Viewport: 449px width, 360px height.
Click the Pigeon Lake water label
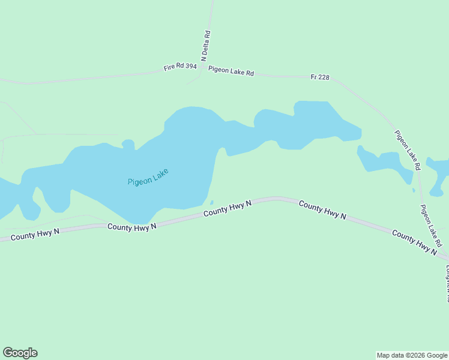[x=148, y=177]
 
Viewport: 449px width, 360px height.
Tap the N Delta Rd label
[x=206, y=46]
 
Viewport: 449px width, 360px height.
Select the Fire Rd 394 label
[x=180, y=67]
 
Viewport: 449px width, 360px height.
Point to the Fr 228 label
[x=320, y=77]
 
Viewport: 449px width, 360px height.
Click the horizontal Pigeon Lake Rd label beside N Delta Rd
[x=231, y=71]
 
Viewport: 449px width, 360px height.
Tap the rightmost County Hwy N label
[x=414, y=242]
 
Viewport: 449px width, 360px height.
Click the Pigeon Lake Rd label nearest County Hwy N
[x=431, y=226]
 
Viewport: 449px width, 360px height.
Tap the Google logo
[x=20, y=353]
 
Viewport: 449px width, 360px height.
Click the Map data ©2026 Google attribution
[x=412, y=355]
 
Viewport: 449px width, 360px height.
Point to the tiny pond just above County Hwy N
[x=211, y=202]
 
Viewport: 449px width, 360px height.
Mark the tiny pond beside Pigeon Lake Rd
[x=413, y=191]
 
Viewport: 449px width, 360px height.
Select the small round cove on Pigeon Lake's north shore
[x=128, y=143]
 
